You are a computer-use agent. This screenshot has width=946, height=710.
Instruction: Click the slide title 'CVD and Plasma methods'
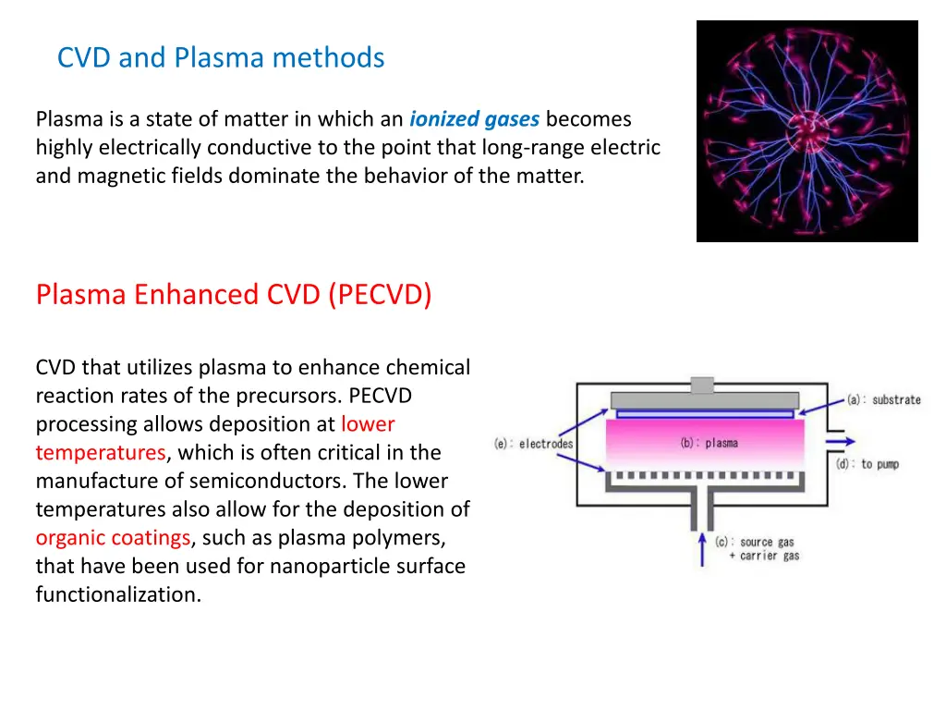pos(220,57)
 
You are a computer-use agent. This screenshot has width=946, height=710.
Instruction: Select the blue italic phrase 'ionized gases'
pos(475,119)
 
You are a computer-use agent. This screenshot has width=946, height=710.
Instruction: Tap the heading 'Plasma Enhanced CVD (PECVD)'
pos(234,294)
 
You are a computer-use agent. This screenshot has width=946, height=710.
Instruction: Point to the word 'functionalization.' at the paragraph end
pos(118,594)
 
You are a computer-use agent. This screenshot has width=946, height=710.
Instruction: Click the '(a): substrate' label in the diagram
pos(883,400)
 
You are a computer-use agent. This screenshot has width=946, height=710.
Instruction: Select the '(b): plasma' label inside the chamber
pos(709,443)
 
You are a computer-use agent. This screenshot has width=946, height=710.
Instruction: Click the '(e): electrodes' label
pos(533,444)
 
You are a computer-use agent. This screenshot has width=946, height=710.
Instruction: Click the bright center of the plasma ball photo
pos(806,131)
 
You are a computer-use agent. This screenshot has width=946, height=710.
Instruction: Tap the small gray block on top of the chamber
pos(702,386)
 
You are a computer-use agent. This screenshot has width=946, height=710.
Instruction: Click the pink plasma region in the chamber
pos(647,444)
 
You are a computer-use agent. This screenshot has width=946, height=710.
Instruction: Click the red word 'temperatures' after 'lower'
pos(101,453)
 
